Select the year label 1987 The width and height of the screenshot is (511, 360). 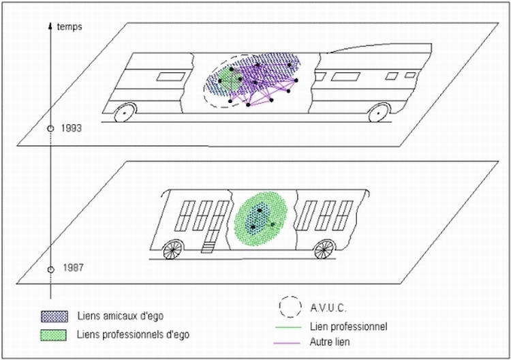tap(71, 268)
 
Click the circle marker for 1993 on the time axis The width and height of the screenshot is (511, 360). tap(50, 128)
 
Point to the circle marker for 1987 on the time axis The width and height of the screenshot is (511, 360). tap(50, 269)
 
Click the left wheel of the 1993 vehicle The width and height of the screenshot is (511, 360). tap(125, 112)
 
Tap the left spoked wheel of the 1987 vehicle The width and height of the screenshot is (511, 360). tap(172, 250)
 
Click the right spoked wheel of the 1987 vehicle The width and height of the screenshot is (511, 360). tap(324, 249)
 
